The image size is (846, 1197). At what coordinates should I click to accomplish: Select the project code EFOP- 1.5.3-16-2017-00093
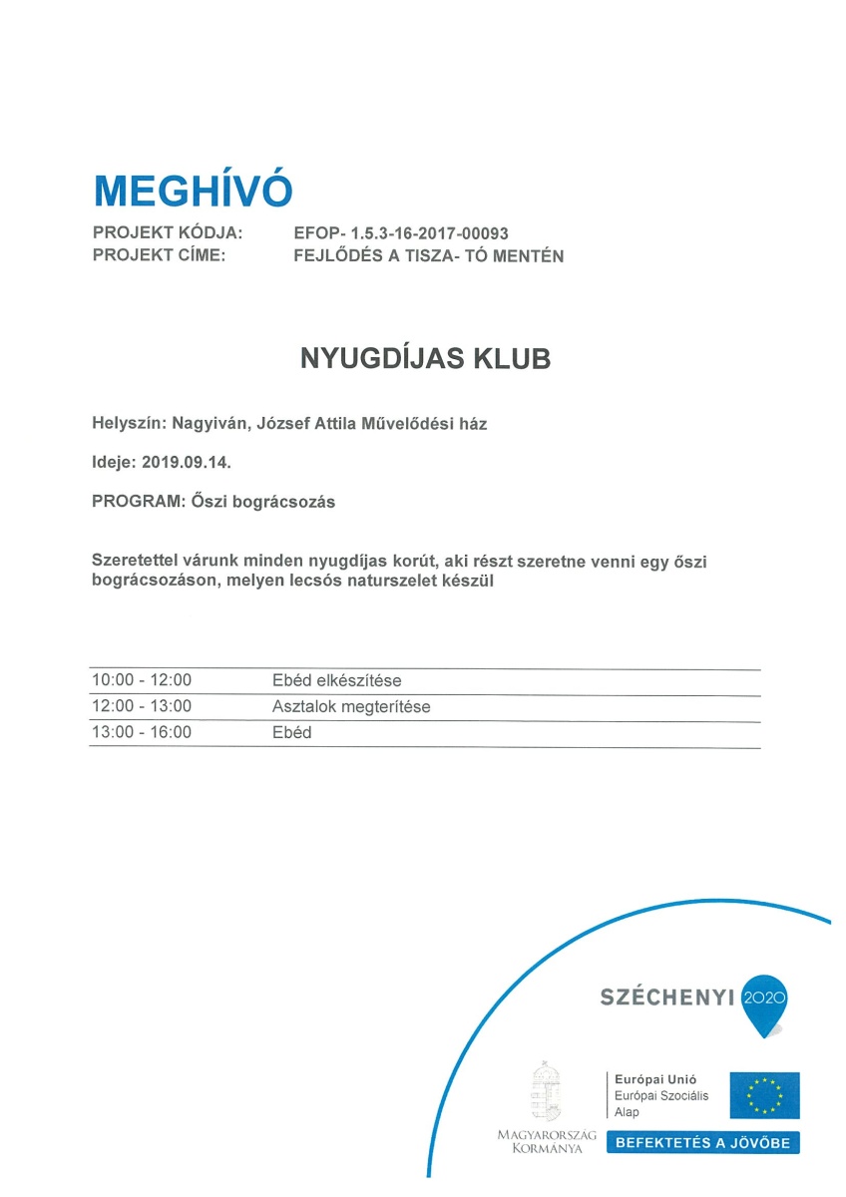tap(401, 233)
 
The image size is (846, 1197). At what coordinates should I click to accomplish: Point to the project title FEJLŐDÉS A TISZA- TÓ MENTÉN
tap(429, 255)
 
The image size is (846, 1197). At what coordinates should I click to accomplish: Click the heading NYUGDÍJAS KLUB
tap(425, 359)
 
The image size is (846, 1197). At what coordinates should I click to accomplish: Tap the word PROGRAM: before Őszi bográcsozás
tap(131, 503)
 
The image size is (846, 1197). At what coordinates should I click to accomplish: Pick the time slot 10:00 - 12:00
tap(142, 681)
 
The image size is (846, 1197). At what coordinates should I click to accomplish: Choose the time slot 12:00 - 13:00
tap(142, 707)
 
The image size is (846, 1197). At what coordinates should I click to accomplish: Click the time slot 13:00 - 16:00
tap(142, 733)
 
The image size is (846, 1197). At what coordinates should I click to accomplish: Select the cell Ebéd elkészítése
tap(336, 681)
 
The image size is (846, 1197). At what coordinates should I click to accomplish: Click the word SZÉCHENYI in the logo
tap(666, 997)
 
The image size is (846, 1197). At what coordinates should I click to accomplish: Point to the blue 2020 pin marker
tap(766, 998)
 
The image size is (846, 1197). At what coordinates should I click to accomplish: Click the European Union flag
tap(763, 1095)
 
